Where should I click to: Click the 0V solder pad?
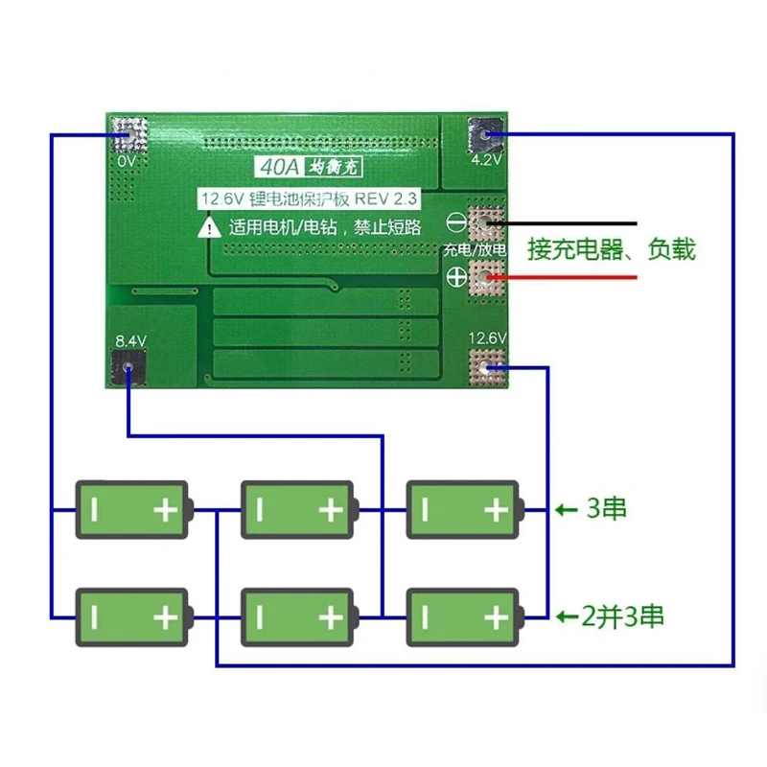coord(129,134)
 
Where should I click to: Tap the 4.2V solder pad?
coord(485,134)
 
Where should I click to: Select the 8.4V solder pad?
coord(128,366)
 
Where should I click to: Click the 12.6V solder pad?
coord(486,367)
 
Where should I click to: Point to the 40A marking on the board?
coord(279,167)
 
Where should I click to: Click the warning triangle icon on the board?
coord(209,228)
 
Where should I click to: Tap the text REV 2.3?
coord(385,198)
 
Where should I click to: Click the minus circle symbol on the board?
coord(456,223)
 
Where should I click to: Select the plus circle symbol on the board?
coord(456,277)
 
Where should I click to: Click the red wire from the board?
coord(562,277)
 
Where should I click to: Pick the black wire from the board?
coord(562,223)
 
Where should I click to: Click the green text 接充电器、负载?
coord(612,249)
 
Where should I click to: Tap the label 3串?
coord(607,509)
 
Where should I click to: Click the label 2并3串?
coord(622,616)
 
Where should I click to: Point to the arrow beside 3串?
coord(567,511)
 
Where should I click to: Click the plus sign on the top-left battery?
coord(165,511)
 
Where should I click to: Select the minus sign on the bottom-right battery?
coord(425,617)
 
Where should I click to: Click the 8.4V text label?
coord(130,341)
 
